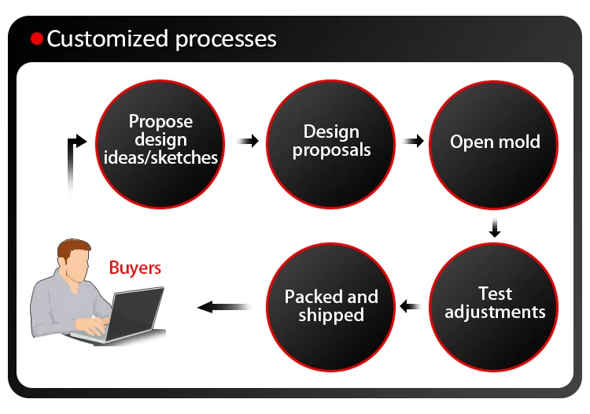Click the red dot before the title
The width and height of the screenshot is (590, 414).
click(37, 39)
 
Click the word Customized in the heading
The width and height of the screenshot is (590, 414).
click(108, 39)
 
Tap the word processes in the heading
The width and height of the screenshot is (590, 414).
click(226, 40)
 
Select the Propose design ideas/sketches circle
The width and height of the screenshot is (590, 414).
click(160, 144)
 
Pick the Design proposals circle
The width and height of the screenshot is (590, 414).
click(330, 144)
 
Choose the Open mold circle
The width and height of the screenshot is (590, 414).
click(494, 145)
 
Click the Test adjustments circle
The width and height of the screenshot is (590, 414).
click(494, 307)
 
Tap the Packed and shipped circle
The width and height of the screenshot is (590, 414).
click(330, 307)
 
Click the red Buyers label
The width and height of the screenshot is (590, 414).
click(135, 268)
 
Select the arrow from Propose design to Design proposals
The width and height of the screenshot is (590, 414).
click(248, 141)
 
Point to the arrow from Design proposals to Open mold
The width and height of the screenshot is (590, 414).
click(413, 141)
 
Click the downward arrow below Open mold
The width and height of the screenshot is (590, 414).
click(495, 227)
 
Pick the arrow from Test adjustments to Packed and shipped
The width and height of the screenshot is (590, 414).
click(411, 306)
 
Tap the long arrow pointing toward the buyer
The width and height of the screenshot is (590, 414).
click(225, 307)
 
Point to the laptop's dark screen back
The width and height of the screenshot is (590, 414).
click(136, 313)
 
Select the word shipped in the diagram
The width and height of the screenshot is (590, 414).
click(331, 316)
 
